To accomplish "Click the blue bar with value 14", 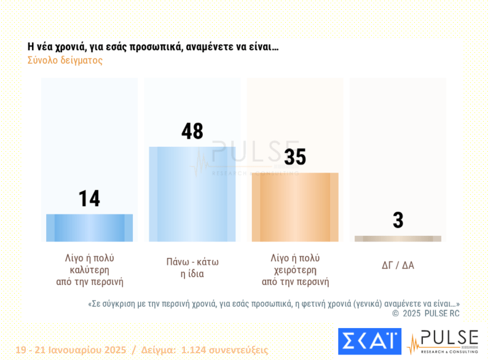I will [89, 227].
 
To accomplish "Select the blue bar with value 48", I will [192, 194].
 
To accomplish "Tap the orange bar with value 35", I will [295, 207].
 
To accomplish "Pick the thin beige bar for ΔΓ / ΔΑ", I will [398, 238].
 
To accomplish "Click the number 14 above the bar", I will [89, 198].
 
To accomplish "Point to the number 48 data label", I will [192, 131].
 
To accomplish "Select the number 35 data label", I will [295, 157].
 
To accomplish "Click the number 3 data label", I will [398, 220].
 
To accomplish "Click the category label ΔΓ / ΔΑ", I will [398, 265].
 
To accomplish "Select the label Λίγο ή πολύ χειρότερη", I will [295, 270].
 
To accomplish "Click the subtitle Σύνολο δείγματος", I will [65, 61].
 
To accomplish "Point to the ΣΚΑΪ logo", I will [369, 342].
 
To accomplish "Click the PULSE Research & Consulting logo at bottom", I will [443, 342].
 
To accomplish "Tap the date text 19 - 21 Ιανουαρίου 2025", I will [71, 350].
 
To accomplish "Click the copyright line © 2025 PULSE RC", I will [425, 313].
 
